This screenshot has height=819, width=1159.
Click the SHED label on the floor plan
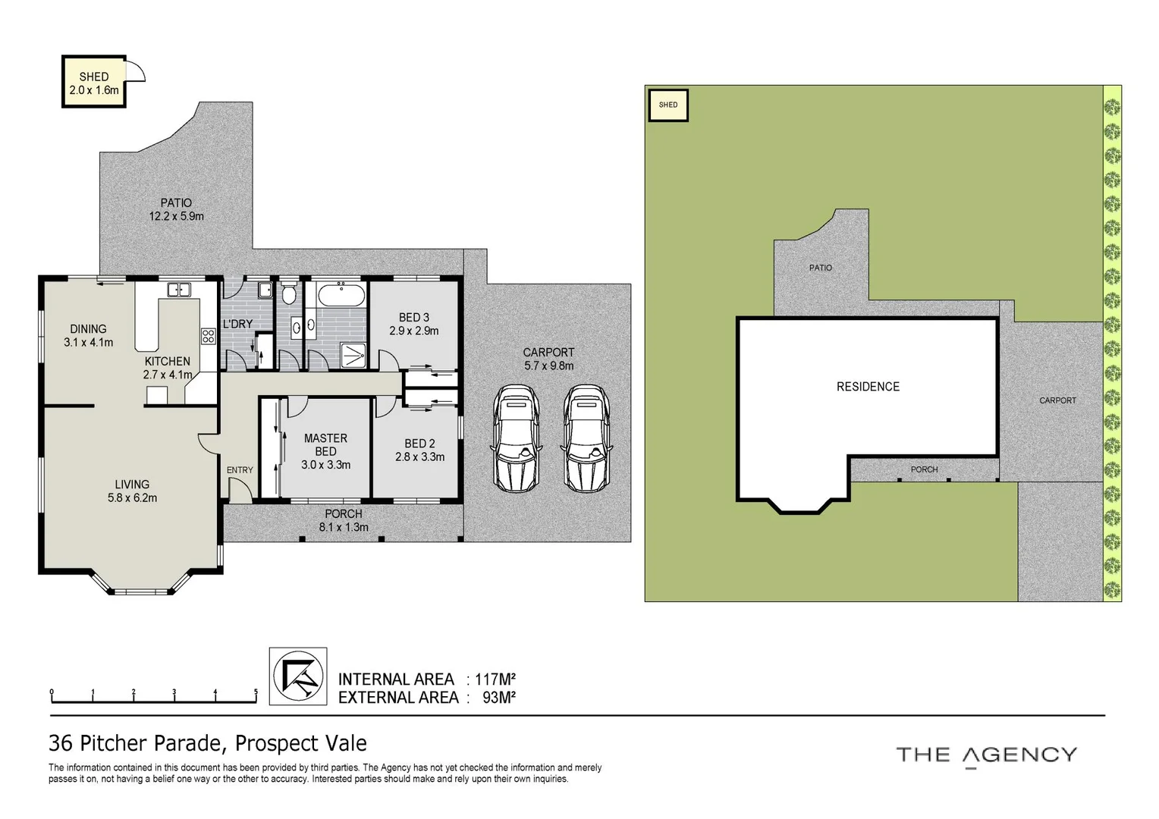point(94,77)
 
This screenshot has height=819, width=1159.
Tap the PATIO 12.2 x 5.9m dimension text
point(176,216)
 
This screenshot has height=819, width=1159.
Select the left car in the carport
point(516,437)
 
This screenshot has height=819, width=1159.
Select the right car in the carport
point(586,437)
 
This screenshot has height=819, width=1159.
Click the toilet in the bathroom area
point(288,293)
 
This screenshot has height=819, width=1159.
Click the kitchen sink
point(179,289)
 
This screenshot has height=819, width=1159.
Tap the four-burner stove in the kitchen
point(208,336)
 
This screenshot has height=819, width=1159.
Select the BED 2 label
point(419,444)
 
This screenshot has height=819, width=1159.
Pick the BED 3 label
point(414,317)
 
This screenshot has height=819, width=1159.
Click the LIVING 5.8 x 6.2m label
point(132,491)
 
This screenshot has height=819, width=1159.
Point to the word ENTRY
point(240,470)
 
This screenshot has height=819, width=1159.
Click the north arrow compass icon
point(298,676)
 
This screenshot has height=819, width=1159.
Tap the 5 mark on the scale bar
point(256,692)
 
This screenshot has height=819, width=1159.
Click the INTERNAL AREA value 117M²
point(496,679)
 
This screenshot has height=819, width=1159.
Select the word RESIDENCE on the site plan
point(868,387)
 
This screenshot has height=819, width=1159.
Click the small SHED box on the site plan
point(667,105)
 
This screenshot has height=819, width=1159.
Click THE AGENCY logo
point(986,755)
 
